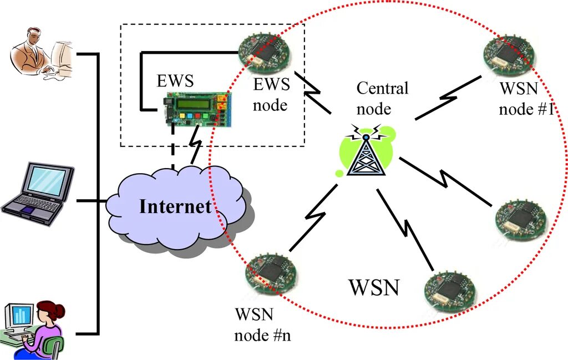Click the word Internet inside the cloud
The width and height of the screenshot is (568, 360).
[x=175, y=206]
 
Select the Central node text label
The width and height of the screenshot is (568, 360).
[x=382, y=98]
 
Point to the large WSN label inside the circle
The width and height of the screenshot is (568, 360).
[x=374, y=287]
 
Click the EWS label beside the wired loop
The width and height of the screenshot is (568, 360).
[x=175, y=80]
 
